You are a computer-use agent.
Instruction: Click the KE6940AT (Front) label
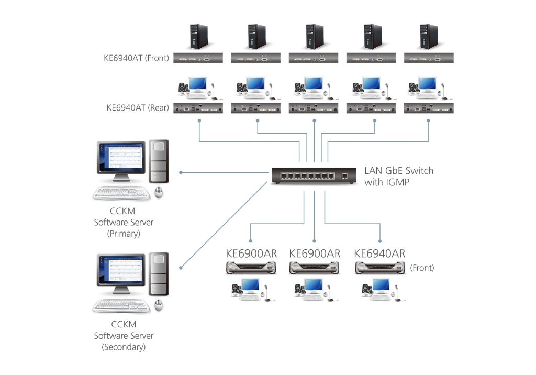(136, 58)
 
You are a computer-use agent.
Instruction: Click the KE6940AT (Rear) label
(137, 108)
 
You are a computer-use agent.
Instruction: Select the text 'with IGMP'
(387, 182)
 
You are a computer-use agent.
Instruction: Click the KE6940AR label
(379, 253)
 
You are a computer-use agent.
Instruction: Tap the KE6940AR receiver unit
(379, 268)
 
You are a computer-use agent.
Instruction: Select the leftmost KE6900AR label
(251, 253)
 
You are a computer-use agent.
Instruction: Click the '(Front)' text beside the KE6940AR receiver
(422, 268)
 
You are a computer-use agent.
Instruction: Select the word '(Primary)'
(124, 234)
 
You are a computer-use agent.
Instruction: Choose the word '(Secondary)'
(124, 347)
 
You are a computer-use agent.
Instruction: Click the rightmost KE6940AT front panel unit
(428, 58)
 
